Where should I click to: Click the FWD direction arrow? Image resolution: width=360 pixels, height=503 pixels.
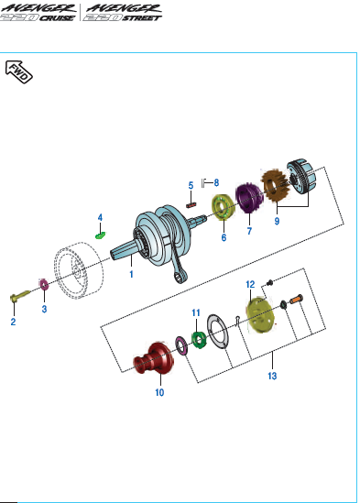(x=19, y=71)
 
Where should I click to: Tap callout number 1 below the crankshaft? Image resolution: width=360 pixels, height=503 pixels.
(x=131, y=274)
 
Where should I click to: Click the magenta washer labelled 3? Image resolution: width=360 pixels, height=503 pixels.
(x=43, y=285)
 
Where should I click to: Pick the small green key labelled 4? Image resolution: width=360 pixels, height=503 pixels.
(x=101, y=235)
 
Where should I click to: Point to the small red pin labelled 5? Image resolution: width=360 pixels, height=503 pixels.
(x=191, y=204)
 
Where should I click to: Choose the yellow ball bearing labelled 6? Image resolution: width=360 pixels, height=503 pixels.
(x=223, y=207)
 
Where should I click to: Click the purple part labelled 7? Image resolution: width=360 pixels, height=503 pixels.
(x=248, y=198)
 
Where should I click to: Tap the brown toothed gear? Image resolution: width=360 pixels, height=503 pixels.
(x=275, y=186)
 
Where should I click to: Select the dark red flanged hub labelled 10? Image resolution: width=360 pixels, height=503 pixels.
(x=154, y=358)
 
